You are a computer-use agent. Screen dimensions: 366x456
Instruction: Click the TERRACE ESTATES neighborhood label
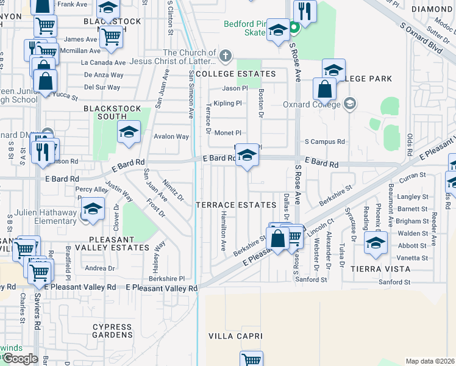tap(236, 204)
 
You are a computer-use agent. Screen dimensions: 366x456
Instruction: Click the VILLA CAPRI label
tap(235, 336)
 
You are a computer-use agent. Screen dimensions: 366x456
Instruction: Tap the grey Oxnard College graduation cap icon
tap(349, 102)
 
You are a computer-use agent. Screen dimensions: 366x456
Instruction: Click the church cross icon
tap(226, 57)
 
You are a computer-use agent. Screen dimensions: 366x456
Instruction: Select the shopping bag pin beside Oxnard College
tap(325, 89)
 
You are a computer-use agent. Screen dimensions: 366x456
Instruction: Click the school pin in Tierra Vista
tap(376, 242)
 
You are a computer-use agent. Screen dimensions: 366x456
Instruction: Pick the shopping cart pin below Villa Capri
tap(251, 359)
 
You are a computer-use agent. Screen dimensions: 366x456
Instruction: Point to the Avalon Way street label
tap(171, 137)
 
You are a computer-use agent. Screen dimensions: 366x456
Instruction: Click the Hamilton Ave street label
tap(223, 232)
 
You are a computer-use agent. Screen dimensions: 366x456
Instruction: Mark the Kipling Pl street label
tap(227, 103)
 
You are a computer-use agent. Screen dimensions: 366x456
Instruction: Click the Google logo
tap(20, 359)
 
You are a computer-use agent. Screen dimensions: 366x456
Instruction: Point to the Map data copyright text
tap(430, 361)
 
